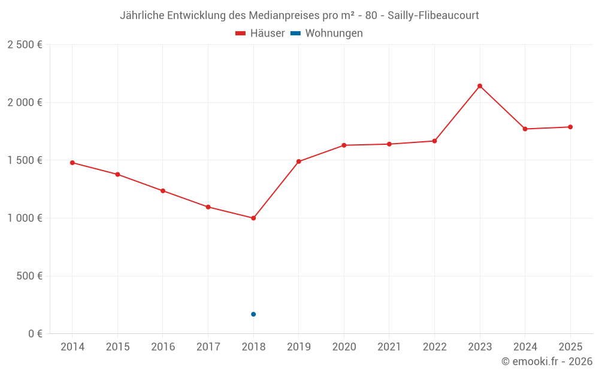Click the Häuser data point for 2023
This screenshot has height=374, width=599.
tap(480, 86)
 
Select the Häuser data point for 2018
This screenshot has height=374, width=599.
tap(253, 218)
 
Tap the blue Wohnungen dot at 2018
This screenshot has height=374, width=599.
tap(253, 314)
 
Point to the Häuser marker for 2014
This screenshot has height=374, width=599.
tap(72, 163)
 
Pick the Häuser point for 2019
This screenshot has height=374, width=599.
tap(298, 162)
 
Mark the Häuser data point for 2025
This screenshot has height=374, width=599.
tap(570, 127)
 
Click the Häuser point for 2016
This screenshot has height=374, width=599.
tap(163, 191)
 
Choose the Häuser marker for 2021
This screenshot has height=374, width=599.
tap(389, 144)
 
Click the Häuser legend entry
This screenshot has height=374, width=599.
tap(260, 34)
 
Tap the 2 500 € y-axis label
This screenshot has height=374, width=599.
tap(25, 45)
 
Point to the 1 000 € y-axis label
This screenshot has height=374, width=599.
tap(25, 218)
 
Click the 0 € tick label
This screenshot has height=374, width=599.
tap(35, 334)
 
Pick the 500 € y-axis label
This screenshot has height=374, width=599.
tap(29, 276)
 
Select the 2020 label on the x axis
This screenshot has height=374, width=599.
tap(344, 347)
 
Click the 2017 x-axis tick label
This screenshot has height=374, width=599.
tap(208, 347)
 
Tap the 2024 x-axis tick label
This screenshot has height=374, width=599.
tap(525, 347)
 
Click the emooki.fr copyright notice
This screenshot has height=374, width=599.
tap(546, 361)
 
